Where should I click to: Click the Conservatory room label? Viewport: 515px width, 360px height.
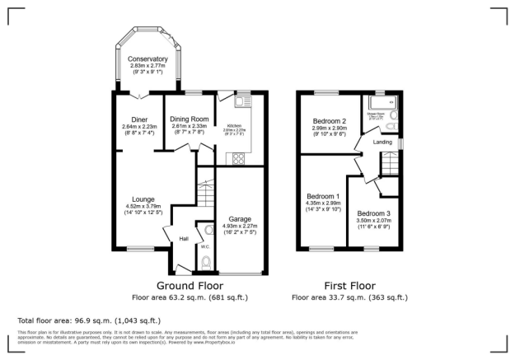[x=147, y=59]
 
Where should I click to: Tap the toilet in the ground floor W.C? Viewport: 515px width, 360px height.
[x=205, y=262]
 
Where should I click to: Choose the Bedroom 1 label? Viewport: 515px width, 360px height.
[x=323, y=196]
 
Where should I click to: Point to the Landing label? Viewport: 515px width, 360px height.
[x=382, y=142]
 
